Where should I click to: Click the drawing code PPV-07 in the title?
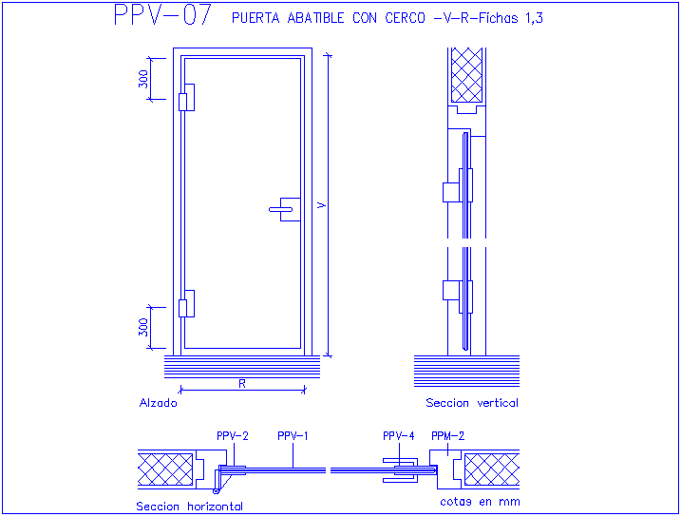pyautogui.click(x=162, y=15)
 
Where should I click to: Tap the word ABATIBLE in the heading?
pyautogui.click(x=315, y=18)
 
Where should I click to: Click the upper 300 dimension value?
pyautogui.click(x=143, y=79)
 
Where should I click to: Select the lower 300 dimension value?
pyautogui.click(x=143, y=328)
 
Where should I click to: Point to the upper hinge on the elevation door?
pyautogui.click(x=187, y=97)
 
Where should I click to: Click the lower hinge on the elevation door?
pyautogui.click(x=187, y=304)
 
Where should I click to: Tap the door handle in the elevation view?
pyautogui.click(x=285, y=209)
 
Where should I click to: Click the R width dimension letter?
pyautogui.click(x=242, y=384)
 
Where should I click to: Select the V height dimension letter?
pyautogui.click(x=321, y=205)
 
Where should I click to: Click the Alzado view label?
pyautogui.click(x=158, y=403)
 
